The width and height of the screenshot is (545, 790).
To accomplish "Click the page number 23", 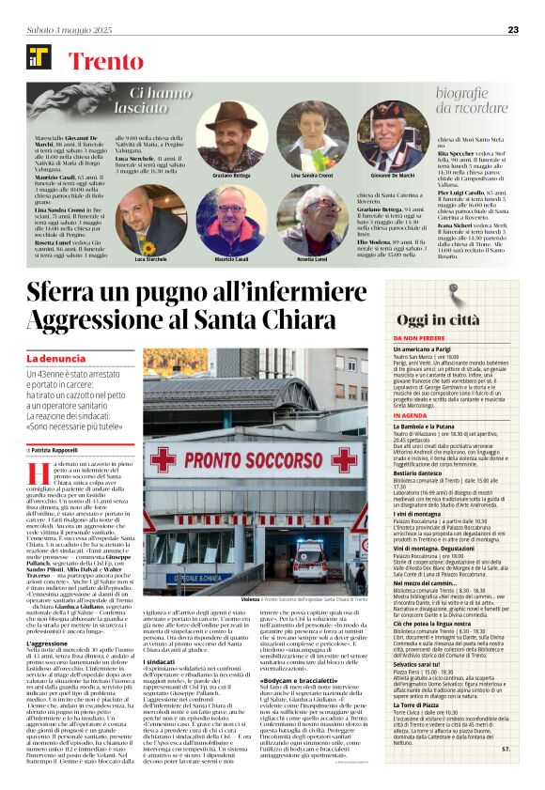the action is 512,29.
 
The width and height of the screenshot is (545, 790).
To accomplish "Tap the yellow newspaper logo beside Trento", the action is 39,56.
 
